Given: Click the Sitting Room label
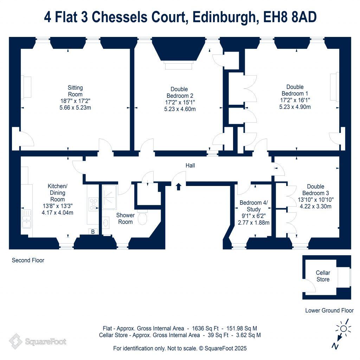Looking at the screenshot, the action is (x=75, y=91).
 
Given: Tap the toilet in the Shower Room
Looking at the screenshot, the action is (x=143, y=217).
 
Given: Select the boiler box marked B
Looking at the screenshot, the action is (x=93, y=232).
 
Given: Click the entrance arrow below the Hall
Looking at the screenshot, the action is (x=178, y=187).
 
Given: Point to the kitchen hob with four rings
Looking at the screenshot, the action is (x=94, y=204).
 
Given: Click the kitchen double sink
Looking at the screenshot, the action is (x=27, y=219).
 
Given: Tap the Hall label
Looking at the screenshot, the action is (x=190, y=166).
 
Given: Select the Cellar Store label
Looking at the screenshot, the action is (x=323, y=276).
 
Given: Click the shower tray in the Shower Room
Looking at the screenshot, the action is (x=109, y=197).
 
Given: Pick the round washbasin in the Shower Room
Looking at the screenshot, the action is (x=105, y=223).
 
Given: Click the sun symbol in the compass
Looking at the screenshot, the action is (x=343, y=329).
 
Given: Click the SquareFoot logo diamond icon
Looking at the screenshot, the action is (x=15, y=341).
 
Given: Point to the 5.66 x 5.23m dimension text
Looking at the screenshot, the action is (x=75, y=108).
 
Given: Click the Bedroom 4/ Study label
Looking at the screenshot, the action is (x=253, y=206).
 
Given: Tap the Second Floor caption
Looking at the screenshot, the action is (x=28, y=261).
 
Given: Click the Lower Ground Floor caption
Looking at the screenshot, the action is (x=329, y=311).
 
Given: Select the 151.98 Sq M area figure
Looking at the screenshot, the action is (x=242, y=329).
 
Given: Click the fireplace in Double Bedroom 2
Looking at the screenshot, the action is (x=178, y=65).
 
